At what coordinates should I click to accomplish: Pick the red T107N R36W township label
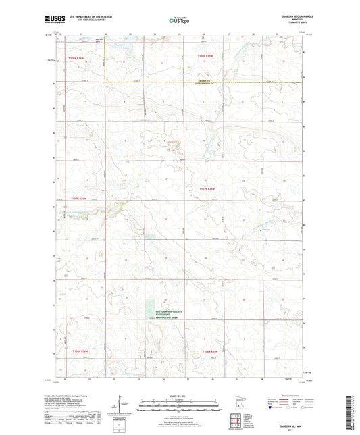(79, 199)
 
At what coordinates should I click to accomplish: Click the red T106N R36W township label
(78, 351)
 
